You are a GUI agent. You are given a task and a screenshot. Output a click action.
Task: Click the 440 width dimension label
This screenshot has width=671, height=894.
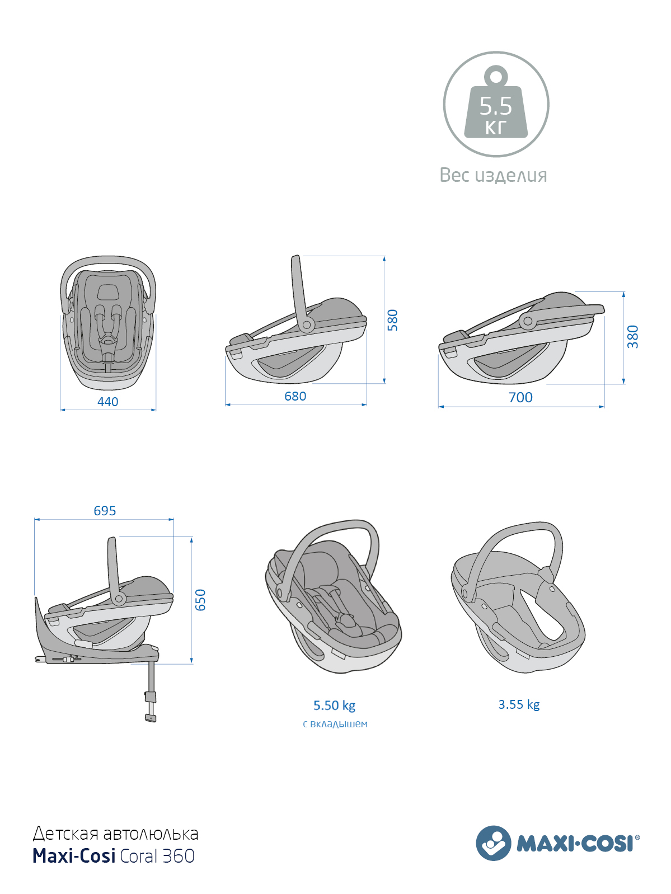coord(107,402)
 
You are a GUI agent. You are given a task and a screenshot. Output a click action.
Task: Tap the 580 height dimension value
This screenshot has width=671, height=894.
coord(392,319)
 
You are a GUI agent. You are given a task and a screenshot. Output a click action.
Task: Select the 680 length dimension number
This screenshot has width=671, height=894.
coord(295,396)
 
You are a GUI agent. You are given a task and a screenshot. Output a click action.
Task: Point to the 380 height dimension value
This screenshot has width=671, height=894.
coord(632,336)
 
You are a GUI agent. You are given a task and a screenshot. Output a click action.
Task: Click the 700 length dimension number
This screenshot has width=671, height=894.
coord(520,397)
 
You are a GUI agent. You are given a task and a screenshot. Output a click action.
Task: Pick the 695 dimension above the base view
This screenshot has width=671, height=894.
coord(105,510)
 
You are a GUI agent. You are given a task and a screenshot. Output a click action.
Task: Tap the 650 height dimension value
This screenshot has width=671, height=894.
coord(200,600)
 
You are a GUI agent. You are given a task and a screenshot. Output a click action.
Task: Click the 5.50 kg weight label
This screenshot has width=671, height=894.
coord(334,705)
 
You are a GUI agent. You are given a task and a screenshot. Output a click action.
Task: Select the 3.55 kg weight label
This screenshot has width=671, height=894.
coord(519,704)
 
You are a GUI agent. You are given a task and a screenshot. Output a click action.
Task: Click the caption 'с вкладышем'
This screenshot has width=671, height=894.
coord(335,724)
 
